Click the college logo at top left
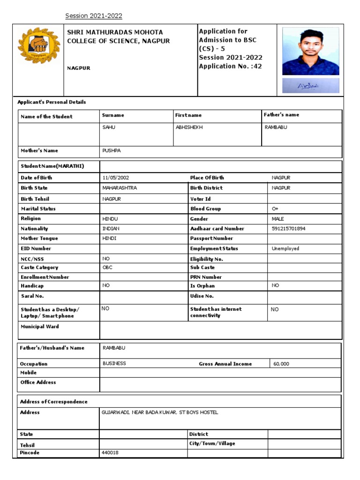click(39, 46)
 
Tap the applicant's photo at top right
click(310, 51)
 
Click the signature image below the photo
click(310, 85)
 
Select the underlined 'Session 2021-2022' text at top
click(94, 16)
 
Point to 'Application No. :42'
click(230, 66)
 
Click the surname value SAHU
click(108, 127)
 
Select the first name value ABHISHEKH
click(189, 127)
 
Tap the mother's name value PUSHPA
click(111, 151)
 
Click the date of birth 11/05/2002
click(116, 178)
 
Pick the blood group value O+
click(275, 209)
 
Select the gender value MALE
click(278, 219)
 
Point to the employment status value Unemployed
click(285, 249)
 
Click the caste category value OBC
click(107, 268)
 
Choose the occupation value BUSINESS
click(114, 363)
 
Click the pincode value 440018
click(110, 453)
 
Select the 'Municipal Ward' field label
click(40, 327)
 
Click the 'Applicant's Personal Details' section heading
click(52, 102)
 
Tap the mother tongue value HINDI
click(109, 239)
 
